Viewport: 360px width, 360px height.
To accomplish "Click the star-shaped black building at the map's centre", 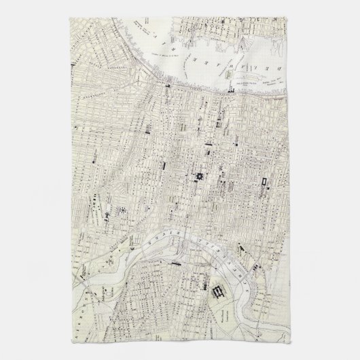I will pyautogui.click(x=200, y=158).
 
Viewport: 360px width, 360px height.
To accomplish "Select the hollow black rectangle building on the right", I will pyautogui.click(x=263, y=163).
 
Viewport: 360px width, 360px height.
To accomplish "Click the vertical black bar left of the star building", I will pyautogui.click(x=163, y=166).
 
